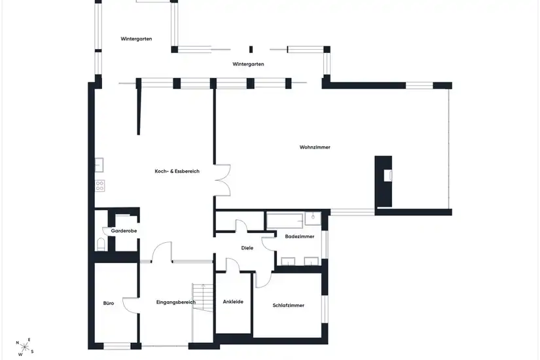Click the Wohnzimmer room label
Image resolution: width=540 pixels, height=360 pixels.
pos(315,147)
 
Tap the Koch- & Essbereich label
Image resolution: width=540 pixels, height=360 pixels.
pos(177,171)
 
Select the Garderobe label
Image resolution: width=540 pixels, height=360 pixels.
pos(124,231)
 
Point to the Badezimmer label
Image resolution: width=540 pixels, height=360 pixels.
pos(300,236)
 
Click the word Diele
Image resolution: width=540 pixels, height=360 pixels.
pos(247,247)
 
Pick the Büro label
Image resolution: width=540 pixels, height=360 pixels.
pos(109,303)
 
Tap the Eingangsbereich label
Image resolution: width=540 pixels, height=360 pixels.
pos(176,302)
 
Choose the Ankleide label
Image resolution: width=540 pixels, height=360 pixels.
pos(233,302)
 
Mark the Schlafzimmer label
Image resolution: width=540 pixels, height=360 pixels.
pos(288,305)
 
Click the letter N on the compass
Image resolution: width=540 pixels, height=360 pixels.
pos(18,343)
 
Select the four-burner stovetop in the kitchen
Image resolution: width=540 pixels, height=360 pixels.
pos(100,186)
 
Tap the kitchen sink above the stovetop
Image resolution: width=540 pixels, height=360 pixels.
pos(99,165)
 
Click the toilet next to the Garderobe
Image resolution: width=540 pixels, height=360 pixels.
pos(101,244)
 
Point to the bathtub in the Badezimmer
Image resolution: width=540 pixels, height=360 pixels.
pos(285,221)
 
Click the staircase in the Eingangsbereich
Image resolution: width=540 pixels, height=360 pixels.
pos(203,298)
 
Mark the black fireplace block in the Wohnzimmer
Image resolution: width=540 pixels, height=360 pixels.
pos(384,181)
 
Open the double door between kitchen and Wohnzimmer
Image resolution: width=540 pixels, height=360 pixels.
pos(223,180)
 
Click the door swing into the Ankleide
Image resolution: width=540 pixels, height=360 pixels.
pos(233,265)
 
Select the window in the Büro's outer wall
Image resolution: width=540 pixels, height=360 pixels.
pos(117,346)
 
